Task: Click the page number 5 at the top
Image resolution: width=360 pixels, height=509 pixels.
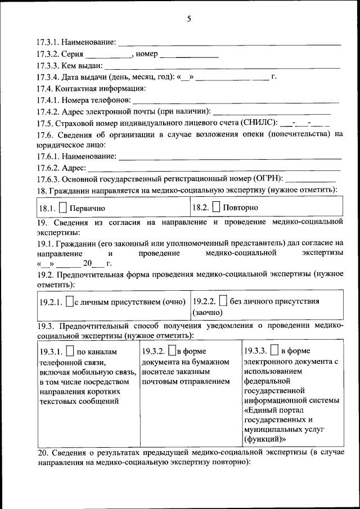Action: (x=189, y=19)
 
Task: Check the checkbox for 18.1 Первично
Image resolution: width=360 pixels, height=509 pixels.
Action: (x=64, y=208)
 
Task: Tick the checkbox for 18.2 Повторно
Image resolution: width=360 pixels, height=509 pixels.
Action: (x=217, y=207)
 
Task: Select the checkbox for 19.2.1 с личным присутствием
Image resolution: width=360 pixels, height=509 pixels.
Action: (x=70, y=302)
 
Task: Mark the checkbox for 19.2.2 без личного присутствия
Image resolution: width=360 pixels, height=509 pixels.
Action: (x=223, y=301)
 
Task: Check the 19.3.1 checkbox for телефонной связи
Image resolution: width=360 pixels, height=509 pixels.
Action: (x=70, y=351)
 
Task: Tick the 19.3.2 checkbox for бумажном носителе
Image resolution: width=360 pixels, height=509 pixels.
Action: (x=172, y=351)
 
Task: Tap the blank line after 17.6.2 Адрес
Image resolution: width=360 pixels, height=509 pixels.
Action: (x=214, y=168)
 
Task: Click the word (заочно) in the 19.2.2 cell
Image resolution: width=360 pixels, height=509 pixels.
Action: (x=208, y=313)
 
